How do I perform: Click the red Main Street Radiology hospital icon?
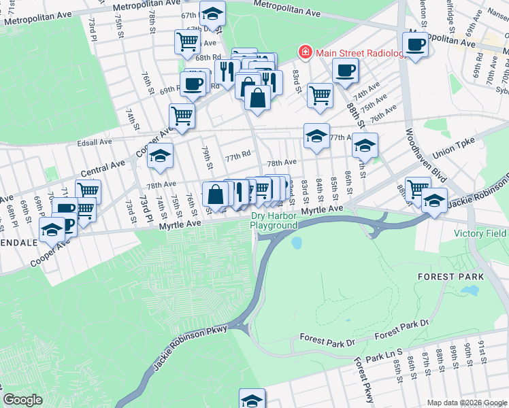click(306, 52)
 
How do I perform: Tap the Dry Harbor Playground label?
click(274, 221)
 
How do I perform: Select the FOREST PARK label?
click(451, 277)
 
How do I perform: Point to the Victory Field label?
click(480, 233)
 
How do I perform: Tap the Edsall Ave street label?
click(95, 142)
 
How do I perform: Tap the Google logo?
click(22, 400)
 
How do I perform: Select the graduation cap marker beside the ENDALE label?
click(52, 230)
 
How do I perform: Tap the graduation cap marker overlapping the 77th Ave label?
click(316, 135)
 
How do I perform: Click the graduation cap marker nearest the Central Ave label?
click(160, 156)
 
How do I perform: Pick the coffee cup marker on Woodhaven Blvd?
click(416, 44)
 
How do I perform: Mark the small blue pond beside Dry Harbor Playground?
click(297, 242)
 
